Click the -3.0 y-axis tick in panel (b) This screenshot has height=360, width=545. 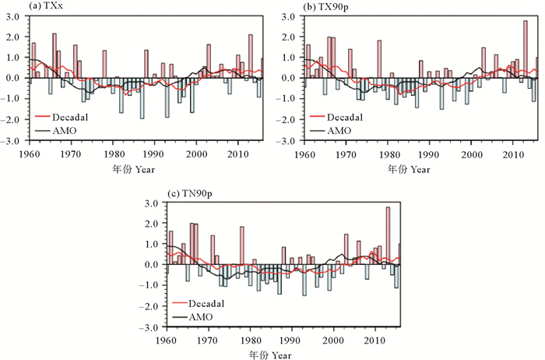point(285,140)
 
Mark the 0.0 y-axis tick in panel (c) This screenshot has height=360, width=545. point(153,265)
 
